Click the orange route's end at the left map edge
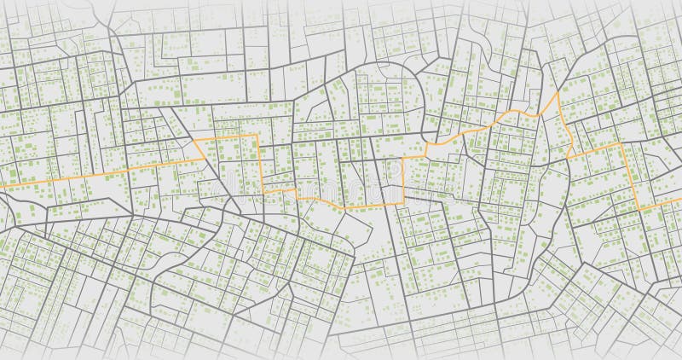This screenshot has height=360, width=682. coord(2,186)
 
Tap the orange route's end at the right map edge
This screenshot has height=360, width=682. coord(679,205)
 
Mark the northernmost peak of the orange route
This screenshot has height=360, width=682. coord(558,93)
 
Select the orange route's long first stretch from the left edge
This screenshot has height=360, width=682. coord(94,177)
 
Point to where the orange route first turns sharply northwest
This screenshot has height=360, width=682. coord(203,159)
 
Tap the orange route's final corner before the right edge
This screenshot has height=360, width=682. coord(639,209)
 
